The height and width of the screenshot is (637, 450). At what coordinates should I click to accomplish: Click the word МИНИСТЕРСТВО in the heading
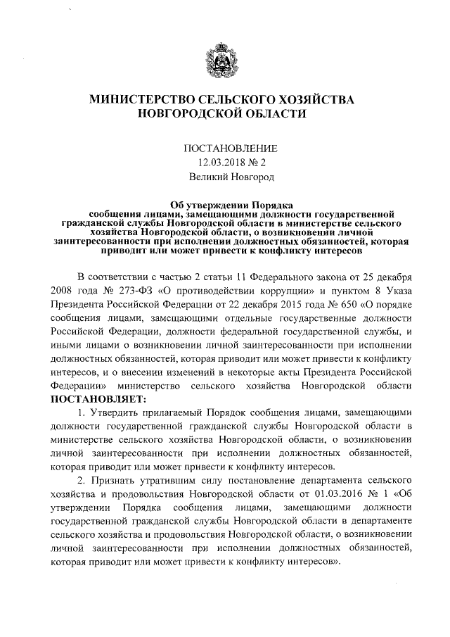(145, 100)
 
